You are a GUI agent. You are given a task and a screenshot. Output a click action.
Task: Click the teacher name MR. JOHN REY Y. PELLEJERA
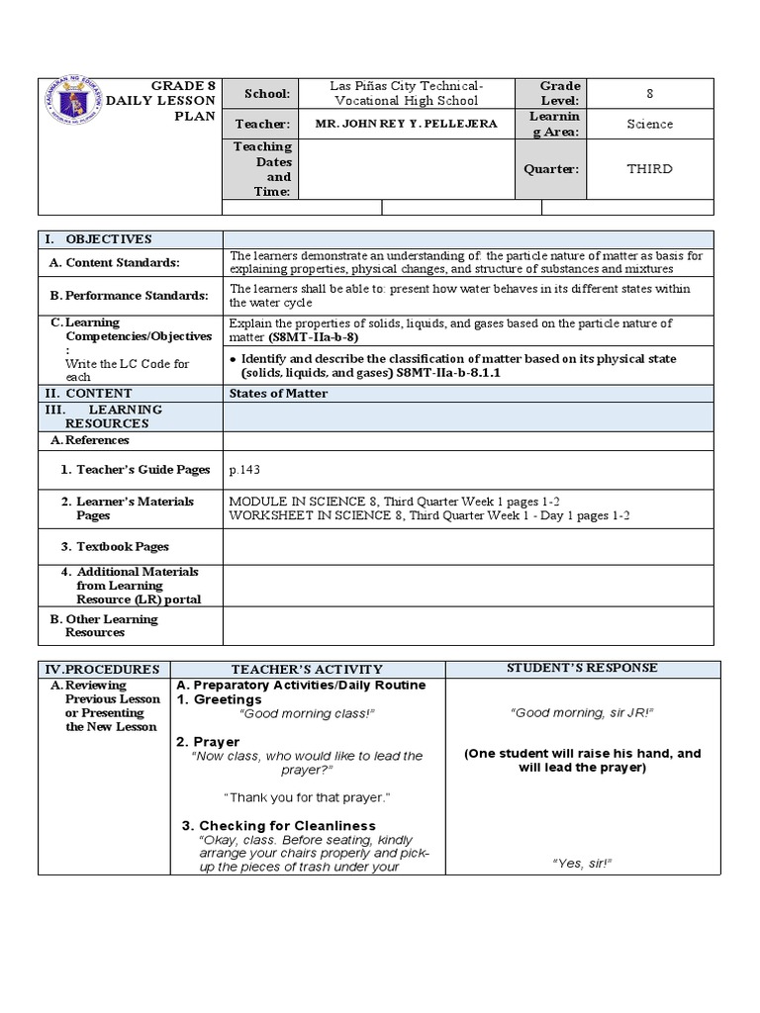tap(406, 124)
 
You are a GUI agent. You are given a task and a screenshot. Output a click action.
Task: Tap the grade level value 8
tap(649, 93)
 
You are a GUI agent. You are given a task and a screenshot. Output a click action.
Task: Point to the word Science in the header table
tap(649, 124)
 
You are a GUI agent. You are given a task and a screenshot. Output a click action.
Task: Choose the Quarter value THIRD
tap(649, 168)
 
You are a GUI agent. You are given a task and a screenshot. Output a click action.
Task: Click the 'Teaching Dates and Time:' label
tap(262, 168)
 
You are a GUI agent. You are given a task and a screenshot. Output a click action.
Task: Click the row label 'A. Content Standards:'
tap(129, 262)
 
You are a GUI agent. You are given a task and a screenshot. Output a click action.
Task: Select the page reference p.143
tap(244, 470)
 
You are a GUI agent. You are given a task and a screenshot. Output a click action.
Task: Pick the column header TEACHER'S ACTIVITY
tap(307, 669)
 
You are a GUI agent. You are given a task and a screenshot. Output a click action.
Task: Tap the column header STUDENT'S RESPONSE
tap(582, 668)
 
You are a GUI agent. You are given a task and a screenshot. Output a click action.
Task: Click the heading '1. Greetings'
tap(219, 699)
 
